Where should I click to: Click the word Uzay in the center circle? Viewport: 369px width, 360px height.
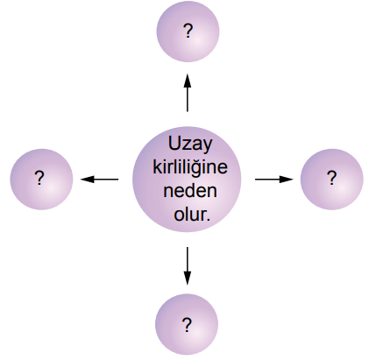click(189, 145)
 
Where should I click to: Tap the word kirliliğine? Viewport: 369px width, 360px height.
click(190, 168)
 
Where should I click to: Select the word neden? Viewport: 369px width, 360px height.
click(190, 191)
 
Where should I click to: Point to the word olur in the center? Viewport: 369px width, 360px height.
click(190, 215)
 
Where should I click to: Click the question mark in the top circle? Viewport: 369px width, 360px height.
click(188, 31)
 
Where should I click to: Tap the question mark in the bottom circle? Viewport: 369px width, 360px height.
click(187, 325)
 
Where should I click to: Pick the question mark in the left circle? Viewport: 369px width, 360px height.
click(39, 178)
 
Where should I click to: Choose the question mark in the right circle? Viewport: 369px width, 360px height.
click(331, 178)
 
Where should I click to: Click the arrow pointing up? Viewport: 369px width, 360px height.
click(188, 93)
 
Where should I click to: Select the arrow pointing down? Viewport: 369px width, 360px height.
click(188, 265)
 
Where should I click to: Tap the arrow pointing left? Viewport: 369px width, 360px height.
click(99, 180)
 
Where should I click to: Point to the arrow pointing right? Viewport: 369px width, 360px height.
click(274, 180)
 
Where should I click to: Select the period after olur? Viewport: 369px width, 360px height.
click(208, 220)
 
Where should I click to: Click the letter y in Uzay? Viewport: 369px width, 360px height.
click(206, 147)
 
